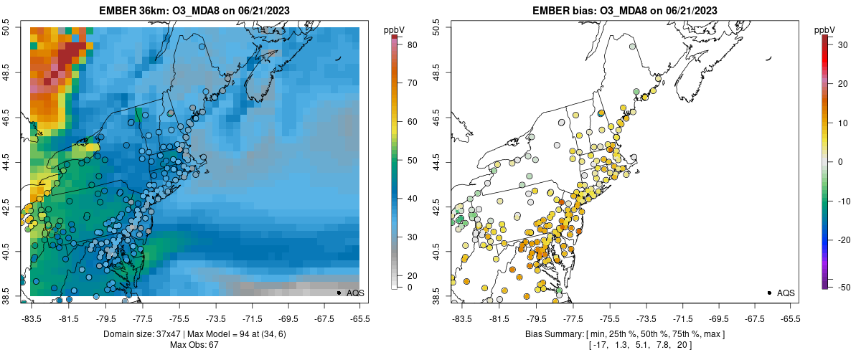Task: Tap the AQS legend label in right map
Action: coord(786,293)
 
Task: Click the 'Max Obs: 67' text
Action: coord(194,345)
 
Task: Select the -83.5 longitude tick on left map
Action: coord(31,318)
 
